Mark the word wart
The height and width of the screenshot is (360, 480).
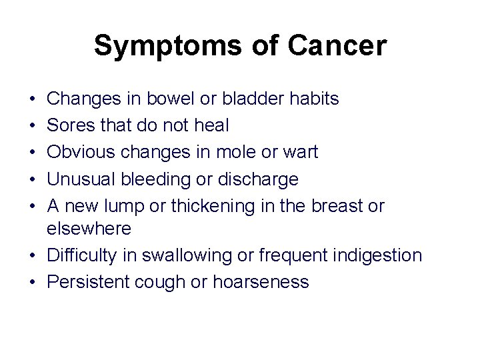302,152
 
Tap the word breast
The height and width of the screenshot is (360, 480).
333,205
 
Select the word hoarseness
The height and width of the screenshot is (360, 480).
261,282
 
